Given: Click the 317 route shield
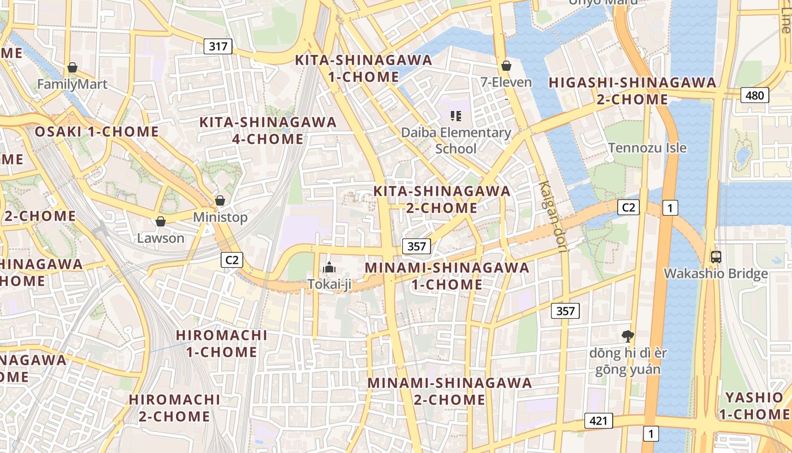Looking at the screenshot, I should click(218, 46).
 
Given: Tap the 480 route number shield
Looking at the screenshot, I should click(755, 95).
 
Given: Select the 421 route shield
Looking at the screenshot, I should click(599, 421).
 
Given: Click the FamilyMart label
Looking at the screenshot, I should click(72, 84).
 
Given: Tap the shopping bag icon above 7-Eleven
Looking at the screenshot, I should click(506, 66).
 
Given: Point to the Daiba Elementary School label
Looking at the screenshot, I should click(456, 140).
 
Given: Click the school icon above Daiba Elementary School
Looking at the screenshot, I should click(456, 116).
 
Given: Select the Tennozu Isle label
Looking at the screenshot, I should click(647, 148).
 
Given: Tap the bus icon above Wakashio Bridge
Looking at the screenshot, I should click(716, 257).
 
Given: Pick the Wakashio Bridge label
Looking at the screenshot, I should click(716, 274).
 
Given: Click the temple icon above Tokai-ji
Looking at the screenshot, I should click(329, 267).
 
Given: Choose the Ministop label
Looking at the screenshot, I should click(220, 217).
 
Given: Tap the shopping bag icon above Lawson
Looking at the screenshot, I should click(161, 221).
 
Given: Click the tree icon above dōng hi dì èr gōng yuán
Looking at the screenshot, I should click(627, 336).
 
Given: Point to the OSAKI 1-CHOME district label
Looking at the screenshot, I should click(97, 132).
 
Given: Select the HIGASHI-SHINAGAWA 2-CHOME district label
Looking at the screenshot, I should click(632, 91).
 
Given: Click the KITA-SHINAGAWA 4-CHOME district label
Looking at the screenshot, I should click(268, 130).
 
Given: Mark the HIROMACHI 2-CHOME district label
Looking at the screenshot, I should click(174, 408).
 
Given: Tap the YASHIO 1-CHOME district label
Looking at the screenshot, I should click(754, 405).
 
